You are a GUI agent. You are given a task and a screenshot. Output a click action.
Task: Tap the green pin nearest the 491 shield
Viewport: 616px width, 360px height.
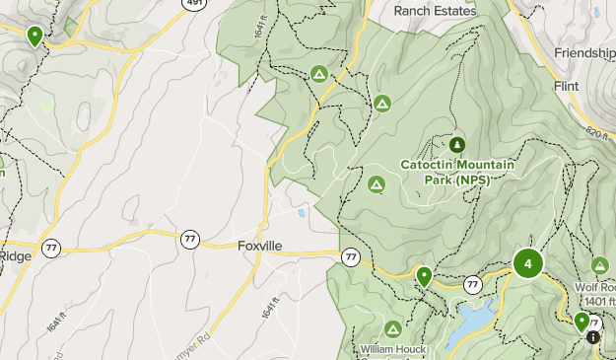[x=34, y=36]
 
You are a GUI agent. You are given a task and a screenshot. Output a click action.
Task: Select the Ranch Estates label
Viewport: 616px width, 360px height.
[x=434, y=11]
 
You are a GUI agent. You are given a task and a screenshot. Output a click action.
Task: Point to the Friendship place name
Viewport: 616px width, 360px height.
[x=585, y=52]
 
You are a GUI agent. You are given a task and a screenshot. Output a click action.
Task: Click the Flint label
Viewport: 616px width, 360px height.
[x=566, y=86]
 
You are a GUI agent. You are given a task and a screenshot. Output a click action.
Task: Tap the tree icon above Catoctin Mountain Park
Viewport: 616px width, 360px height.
[x=456, y=145]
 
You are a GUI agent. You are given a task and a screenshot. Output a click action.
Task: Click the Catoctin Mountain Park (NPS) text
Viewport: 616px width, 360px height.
[x=457, y=172]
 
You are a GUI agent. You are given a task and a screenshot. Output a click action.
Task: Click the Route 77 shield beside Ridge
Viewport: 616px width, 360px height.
[x=51, y=247]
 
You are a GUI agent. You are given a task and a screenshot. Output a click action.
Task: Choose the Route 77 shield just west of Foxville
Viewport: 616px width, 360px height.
[x=189, y=239]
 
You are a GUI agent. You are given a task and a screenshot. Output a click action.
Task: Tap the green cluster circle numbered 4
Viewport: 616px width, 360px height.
[x=528, y=264]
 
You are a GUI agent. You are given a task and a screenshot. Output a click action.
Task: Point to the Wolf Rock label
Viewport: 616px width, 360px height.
[x=594, y=288]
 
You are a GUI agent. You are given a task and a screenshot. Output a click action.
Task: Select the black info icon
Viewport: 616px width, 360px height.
[x=592, y=337]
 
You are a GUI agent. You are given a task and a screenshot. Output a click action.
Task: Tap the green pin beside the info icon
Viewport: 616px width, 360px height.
[x=582, y=322]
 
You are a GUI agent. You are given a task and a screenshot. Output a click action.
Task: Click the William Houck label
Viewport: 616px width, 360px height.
[x=392, y=349]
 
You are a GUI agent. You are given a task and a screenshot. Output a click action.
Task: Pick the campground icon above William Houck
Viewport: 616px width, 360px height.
[x=392, y=328]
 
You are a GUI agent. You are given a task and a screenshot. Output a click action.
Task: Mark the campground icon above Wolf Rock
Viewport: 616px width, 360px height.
[x=600, y=265]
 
